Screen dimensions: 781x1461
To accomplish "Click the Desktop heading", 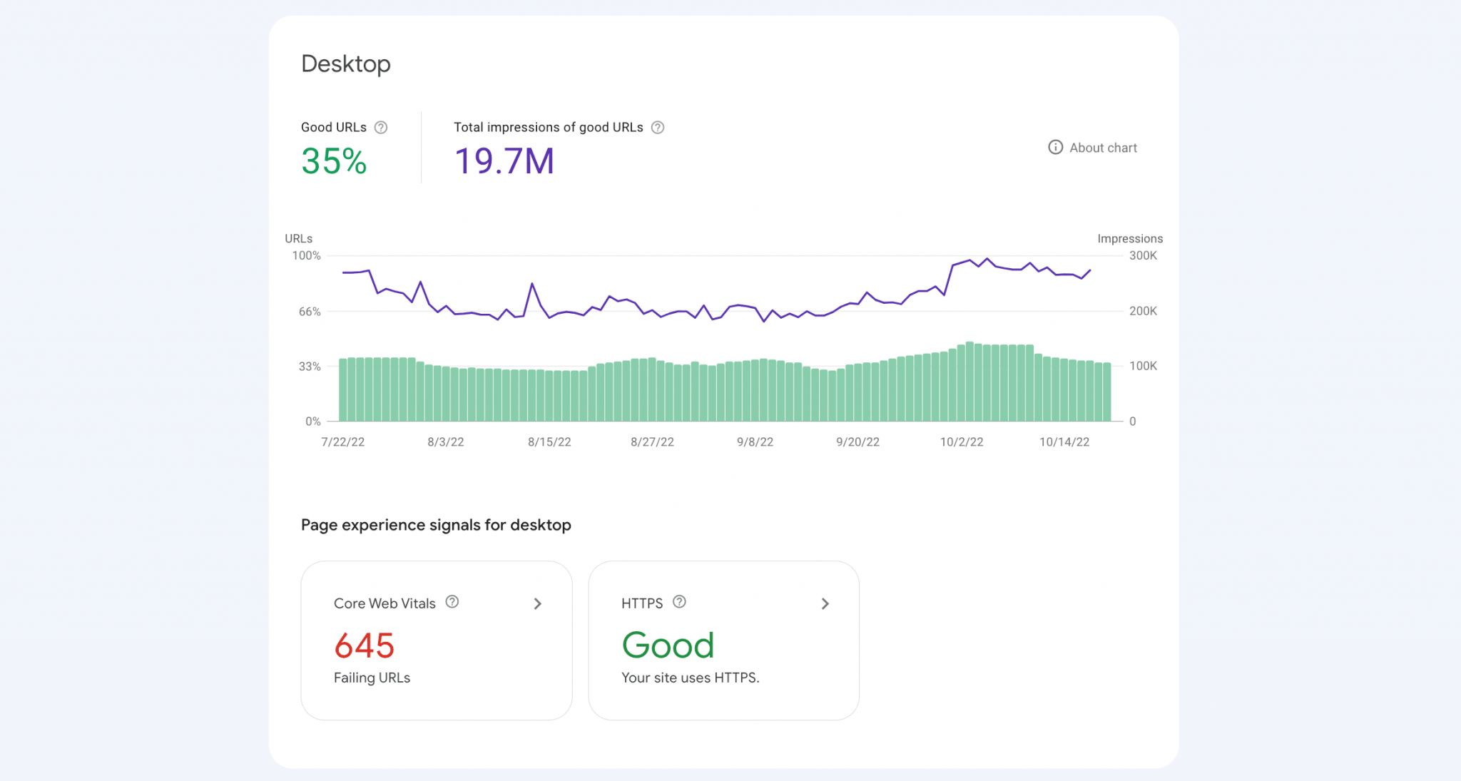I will (346, 64).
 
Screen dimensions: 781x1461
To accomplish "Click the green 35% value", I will (334, 161).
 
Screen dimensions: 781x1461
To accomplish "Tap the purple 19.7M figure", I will (504, 161).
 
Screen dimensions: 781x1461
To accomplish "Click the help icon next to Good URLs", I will (381, 128).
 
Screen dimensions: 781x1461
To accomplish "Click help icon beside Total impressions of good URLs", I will (658, 128).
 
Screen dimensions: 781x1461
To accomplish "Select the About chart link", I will (1093, 148).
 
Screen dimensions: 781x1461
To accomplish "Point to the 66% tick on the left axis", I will (310, 312).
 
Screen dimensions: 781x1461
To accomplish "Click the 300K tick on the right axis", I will (1143, 255).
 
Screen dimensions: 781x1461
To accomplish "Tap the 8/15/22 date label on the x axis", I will (549, 442).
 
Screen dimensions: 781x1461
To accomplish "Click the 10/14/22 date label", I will (1064, 442).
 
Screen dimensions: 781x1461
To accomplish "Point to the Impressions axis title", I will (1130, 238).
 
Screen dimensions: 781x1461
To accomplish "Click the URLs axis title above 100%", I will (299, 238).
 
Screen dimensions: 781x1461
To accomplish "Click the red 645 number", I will (365, 646).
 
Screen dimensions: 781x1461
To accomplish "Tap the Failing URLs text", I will (372, 678).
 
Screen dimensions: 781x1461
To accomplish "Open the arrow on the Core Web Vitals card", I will (538, 604).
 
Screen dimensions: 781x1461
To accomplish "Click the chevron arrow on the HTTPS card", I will (825, 604).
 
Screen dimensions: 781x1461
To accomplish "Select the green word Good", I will (668, 645).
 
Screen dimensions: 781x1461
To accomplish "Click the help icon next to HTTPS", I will (680, 602).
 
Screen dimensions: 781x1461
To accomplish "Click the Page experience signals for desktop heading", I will (436, 525).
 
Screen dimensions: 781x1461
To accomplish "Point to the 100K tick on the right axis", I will (1143, 366).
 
